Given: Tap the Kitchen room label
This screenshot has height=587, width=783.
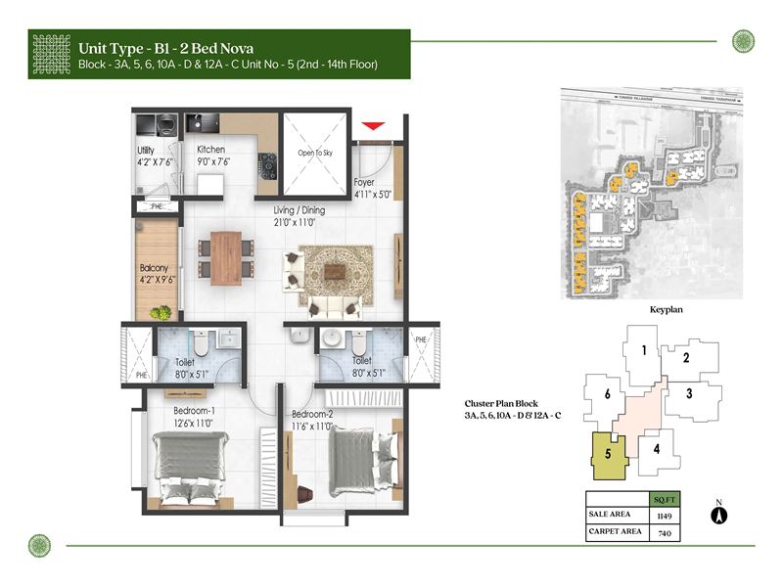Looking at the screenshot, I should tap(210, 150).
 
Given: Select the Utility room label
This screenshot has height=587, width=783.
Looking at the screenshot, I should tap(147, 150).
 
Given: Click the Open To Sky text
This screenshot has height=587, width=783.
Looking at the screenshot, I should tap(314, 154).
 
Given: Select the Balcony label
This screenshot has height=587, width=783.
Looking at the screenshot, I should tap(154, 268).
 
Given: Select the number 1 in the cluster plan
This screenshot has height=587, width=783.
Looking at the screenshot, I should tap(642, 350).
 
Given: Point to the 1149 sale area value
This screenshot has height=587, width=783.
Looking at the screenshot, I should tap(665, 515).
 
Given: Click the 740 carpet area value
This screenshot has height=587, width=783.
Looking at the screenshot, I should tap(665, 533).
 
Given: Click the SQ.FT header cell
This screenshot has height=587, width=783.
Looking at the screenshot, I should tap(665, 498).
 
